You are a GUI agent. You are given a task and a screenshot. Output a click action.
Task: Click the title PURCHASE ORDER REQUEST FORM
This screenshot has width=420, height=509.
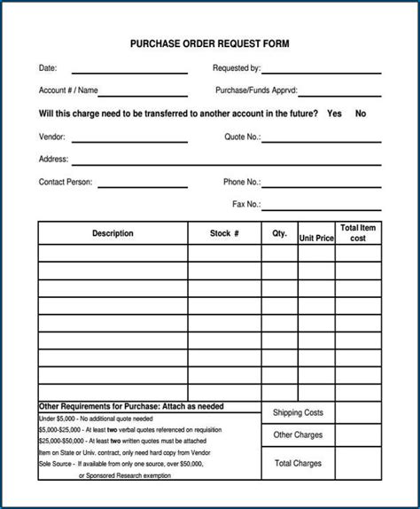[209, 43]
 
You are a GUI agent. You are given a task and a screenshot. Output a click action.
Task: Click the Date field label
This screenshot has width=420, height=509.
[47, 67]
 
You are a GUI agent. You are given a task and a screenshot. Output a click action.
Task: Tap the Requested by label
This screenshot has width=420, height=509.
[236, 67]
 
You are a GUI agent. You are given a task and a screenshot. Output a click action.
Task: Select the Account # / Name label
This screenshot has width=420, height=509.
[68, 90]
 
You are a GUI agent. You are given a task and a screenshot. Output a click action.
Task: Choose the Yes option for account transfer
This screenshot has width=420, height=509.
[334, 114]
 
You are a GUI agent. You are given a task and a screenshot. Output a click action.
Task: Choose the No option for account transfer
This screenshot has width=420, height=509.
[361, 114]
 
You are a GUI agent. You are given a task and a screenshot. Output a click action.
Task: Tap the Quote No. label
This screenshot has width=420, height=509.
[242, 137]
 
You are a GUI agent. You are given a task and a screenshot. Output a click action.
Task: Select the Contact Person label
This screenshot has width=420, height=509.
[66, 182]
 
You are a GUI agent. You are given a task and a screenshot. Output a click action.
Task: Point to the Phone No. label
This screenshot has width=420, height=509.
[241, 182]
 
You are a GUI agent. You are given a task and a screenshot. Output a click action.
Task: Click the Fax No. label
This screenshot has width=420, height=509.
[245, 204]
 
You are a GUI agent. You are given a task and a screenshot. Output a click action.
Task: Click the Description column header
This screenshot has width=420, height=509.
[113, 234]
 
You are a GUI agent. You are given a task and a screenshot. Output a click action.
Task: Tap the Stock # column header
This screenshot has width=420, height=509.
[224, 234]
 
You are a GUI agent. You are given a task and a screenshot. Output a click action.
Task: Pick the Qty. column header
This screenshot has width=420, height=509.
[279, 234]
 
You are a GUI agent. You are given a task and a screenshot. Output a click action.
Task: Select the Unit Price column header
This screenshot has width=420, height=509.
[316, 239]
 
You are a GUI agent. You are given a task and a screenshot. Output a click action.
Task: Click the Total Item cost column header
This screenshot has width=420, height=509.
[358, 233]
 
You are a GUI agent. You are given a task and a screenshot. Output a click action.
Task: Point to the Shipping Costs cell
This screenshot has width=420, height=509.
[298, 413]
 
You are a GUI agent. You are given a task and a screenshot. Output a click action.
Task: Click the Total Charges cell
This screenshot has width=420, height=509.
[298, 463]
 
